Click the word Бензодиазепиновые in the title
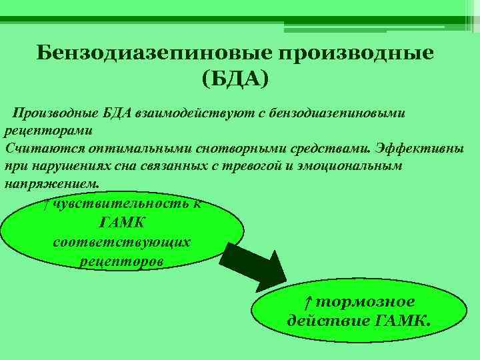coord(154,53)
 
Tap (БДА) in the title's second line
coord(235,79)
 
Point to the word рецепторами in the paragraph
coord(48,131)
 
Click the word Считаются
coord(45,149)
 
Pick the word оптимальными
coord(140,149)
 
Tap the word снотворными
coord(241,149)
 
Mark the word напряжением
coord(52,184)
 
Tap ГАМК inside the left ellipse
coord(121,223)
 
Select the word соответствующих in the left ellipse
coord(121,243)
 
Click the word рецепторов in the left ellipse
coord(121,262)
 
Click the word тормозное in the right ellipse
coord(365,302)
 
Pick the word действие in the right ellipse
coord(329,321)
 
